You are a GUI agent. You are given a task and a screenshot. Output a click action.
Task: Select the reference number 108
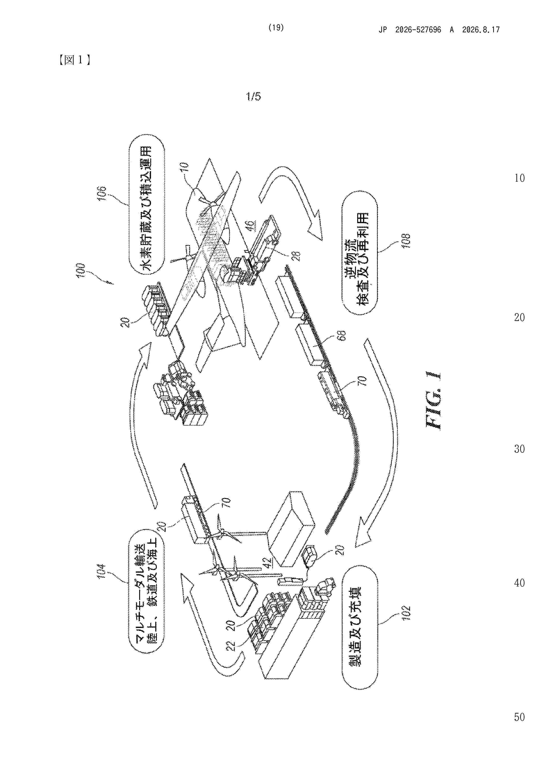point(406,241)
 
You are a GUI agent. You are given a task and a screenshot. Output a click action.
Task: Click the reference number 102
point(406,613)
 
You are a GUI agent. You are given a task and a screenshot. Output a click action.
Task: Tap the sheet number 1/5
point(254,97)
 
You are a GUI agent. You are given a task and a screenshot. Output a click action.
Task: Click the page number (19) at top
point(276,28)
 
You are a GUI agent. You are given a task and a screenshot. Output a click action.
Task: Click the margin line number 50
point(519,717)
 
